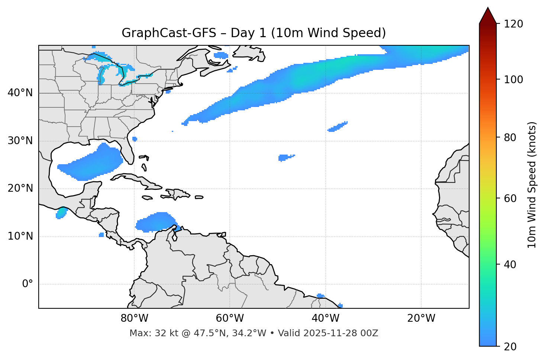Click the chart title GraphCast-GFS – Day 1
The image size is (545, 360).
pyautogui.click(x=254, y=33)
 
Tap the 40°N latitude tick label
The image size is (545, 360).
pyautogui.click(x=20, y=93)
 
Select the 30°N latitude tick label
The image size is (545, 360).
pyautogui.click(x=20, y=141)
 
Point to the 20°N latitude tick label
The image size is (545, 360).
pyautogui.click(x=20, y=188)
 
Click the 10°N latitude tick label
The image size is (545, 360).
pyautogui.click(x=20, y=236)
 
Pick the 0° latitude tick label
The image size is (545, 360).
pyautogui.click(x=28, y=284)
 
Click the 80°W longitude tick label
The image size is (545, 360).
pyautogui.click(x=134, y=318)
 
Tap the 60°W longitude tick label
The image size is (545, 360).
pyautogui.click(x=230, y=318)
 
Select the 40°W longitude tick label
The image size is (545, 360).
pyautogui.click(x=325, y=318)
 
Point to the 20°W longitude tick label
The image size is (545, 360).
pyautogui.click(x=421, y=318)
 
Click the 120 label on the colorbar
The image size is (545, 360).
pyautogui.click(x=513, y=24)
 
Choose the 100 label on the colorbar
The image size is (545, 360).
pyautogui.click(x=513, y=80)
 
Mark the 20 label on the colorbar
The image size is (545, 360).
pyautogui.click(x=510, y=347)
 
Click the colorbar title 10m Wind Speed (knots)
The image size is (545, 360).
pyautogui.click(x=532, y=185)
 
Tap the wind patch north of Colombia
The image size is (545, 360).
pyautogui.click(x=156, y=222)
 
